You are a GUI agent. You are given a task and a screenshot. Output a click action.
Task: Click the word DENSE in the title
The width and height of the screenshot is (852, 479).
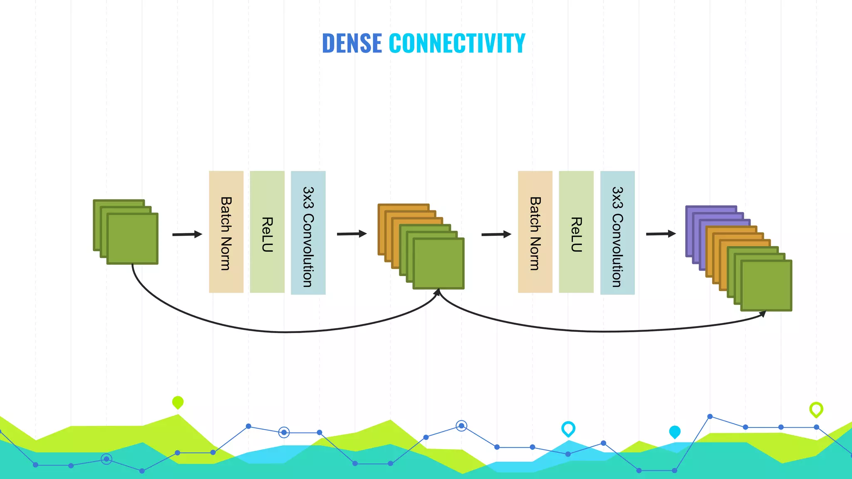click(352, 43)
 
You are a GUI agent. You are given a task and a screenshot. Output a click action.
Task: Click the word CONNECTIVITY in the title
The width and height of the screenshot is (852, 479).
click(457, 43)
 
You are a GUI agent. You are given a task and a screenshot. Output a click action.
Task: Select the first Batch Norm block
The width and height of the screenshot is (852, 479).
click(226, 232)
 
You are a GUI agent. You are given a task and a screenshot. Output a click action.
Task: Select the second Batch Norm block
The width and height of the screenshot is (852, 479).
click(535, 232)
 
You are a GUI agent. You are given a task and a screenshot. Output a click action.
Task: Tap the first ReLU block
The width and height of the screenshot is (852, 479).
click(267, 232)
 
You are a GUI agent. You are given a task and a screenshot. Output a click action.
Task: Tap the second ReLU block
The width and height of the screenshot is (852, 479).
click(576, 232)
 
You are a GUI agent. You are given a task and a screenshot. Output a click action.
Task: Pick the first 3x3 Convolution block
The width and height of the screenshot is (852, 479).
click(308, 233)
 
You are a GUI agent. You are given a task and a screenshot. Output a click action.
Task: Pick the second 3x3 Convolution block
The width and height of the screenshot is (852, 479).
click(617, 233)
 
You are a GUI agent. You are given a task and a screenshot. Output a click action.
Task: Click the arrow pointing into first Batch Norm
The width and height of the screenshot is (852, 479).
click(187, 235)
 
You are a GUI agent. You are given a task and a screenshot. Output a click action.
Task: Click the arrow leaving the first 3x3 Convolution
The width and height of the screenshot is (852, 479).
click(352, 234)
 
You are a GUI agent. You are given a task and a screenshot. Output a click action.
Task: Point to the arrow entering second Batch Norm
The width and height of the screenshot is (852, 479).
click(496, 235)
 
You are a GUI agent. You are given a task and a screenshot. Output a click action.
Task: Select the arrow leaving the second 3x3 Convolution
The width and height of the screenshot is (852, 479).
click(661, 234)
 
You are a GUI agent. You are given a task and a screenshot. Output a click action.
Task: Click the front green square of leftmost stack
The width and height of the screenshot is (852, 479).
click(132, 239)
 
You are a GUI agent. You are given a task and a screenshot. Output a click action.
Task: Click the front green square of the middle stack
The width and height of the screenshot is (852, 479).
click(438, 264)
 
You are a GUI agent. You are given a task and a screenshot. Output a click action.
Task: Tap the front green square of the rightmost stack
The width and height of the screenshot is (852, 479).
click(766, 286)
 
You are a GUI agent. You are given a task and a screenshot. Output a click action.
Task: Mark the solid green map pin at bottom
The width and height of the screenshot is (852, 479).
click(178, 402)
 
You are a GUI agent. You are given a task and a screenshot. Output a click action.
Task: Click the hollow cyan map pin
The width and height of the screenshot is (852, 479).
click(568, 428)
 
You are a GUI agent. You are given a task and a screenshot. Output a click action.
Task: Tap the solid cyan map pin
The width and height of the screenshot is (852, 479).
click(675, 432)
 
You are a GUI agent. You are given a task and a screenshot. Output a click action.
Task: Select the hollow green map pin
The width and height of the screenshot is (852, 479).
click(816, 410)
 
